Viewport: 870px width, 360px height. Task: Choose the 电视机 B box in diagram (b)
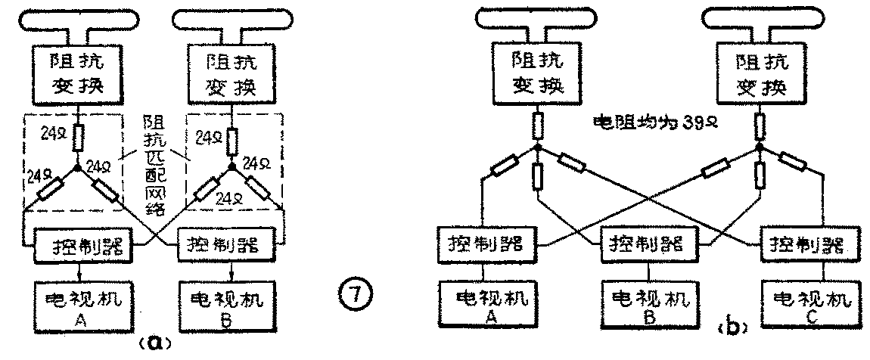(648, 303)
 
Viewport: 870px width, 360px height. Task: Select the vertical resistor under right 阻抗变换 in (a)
(232, 139)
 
